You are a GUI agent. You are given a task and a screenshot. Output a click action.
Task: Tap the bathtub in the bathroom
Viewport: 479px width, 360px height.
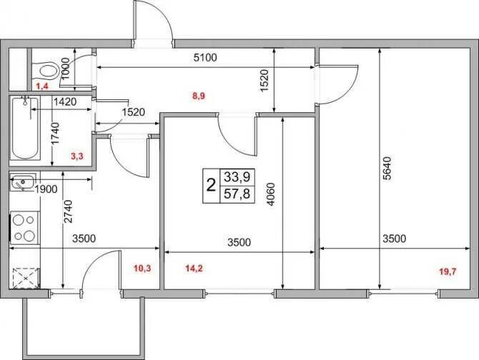point(25,128)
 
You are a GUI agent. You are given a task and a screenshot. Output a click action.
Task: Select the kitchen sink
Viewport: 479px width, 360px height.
point(23,182)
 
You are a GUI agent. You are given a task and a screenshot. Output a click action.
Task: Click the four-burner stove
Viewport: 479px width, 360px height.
point(24,228)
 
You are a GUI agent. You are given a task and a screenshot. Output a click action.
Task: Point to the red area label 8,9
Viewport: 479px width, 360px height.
point(199,96)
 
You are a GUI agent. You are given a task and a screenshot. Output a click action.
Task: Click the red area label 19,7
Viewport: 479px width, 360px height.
point(448,271)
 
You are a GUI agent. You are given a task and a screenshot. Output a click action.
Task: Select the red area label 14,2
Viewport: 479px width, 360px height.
point(194,269)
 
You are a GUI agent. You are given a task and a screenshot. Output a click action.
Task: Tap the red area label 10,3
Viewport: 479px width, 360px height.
point(143,269)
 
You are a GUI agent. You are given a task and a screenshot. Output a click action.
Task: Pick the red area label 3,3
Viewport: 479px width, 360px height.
point(77,156)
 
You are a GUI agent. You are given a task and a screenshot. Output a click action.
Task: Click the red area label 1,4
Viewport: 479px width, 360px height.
point(42,86)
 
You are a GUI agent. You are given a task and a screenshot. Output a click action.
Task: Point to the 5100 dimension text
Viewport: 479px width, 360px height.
point(205,57)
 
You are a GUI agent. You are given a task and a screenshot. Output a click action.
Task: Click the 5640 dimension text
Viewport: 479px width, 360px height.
point(387,169)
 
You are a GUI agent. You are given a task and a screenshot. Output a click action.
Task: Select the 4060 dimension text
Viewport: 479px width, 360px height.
point(270,194)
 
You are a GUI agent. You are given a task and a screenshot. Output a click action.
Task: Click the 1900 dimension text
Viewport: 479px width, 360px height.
point(46,189)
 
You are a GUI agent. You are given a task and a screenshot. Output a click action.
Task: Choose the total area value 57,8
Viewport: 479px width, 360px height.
point(237,194)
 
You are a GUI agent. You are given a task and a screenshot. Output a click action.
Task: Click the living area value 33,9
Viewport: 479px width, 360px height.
point(237,176)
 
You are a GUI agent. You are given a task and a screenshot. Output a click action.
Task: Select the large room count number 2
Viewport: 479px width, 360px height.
point(211,185)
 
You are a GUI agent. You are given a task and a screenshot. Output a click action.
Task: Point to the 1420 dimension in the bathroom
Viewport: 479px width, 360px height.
point(65,102)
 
